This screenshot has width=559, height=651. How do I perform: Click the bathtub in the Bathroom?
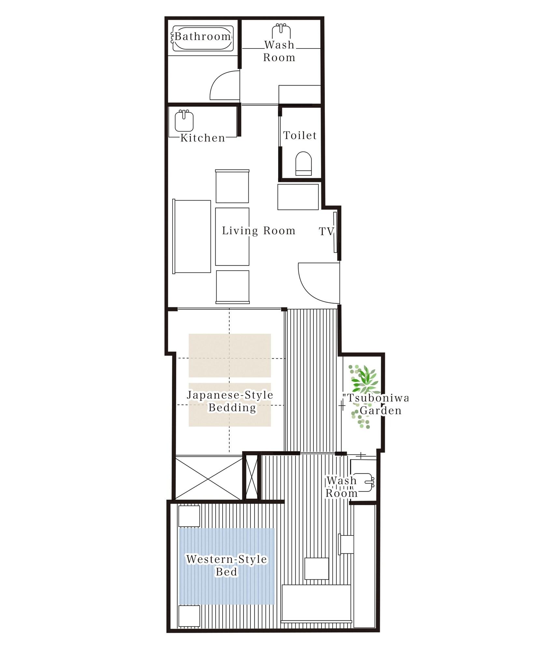203,38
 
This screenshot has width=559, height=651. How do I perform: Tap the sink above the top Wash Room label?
281,31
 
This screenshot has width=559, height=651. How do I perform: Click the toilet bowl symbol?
303,163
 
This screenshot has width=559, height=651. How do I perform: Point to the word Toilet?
300,135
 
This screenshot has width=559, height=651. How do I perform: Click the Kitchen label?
203,138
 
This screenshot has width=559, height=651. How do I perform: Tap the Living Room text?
259,231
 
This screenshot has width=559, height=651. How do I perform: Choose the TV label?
326,231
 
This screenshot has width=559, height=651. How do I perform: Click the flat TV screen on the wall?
335,232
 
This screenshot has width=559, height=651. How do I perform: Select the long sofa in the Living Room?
192,237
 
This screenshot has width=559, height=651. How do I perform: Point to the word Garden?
380,410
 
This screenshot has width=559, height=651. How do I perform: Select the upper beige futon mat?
230,355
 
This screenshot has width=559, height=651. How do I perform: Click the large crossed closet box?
209,478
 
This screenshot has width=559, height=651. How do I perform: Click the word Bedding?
232,408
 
